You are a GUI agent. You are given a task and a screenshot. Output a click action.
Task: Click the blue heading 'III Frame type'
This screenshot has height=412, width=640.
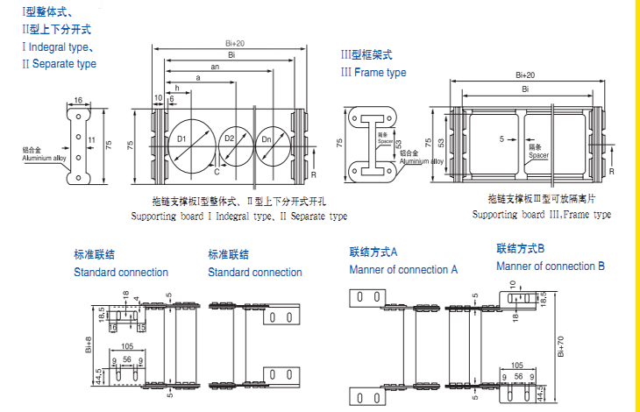point(373,72)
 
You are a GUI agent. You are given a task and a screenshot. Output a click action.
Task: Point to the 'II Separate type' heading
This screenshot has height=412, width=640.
point(60,64)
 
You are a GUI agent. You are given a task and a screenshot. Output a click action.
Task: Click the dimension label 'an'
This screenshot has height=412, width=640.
point(215,67)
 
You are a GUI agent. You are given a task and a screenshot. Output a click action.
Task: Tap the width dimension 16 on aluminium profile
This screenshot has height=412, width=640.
point(78,101)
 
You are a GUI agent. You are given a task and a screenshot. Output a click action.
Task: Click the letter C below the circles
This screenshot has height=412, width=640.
point(217,172)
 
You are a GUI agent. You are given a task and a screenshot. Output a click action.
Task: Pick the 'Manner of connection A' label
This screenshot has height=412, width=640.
point(403,269)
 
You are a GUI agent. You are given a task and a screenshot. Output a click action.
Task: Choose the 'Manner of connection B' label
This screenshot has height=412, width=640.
point(551,266)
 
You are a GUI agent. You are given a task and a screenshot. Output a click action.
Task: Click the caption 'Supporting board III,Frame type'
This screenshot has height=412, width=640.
point(541,215)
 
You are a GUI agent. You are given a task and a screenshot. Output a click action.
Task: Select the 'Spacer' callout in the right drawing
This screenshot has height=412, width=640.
point(537,153)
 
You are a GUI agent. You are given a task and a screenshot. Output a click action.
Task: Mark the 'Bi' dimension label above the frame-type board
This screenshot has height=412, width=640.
point(525,89)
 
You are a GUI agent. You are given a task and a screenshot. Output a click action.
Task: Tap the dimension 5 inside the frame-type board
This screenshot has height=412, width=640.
point(501,139)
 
